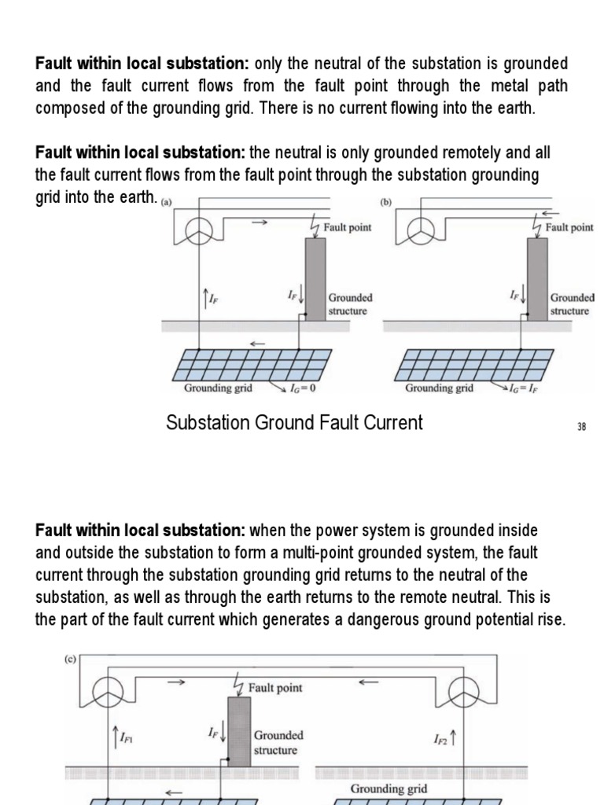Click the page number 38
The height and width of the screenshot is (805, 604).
[582, 427]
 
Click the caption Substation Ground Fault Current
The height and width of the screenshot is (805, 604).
[294, 423]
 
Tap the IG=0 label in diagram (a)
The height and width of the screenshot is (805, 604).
[302, 388]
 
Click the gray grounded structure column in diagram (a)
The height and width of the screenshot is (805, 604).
[315, 279]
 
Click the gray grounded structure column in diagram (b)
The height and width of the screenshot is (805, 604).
[537, 279]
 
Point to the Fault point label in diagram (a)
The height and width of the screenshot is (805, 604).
[348, 227]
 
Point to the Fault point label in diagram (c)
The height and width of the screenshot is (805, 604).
[275, 687]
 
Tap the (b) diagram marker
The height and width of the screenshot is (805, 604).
[386, 202]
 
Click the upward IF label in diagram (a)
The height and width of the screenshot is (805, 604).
[210, 298]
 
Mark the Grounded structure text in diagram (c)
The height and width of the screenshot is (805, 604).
[278, 743]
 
